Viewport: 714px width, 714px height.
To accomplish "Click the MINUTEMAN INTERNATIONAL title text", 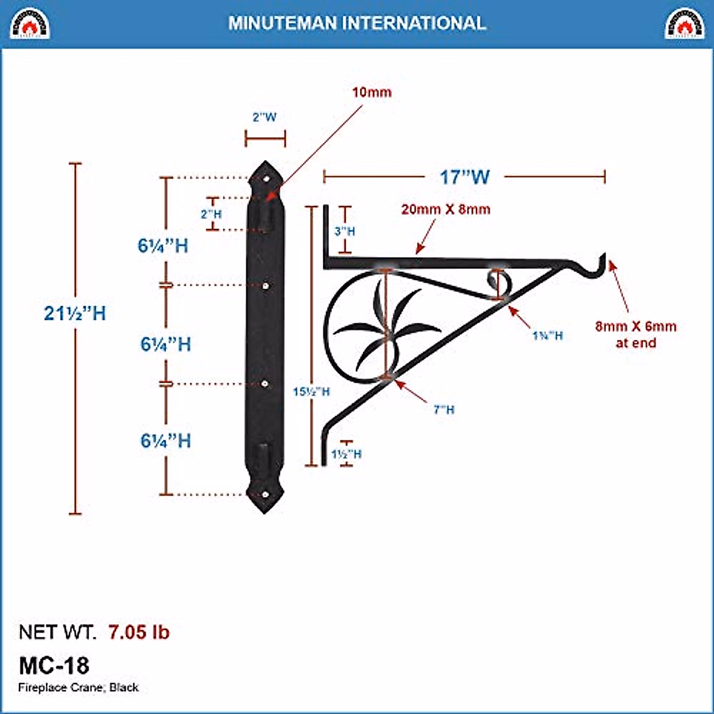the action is (357, 23).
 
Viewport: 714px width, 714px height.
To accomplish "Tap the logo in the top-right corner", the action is (684, 23).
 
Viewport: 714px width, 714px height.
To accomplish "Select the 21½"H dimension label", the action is (75, 313).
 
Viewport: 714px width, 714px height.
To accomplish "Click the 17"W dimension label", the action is (465, 177).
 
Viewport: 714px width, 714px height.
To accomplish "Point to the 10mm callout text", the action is (372, 92).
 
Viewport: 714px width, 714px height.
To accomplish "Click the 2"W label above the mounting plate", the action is (265, 117).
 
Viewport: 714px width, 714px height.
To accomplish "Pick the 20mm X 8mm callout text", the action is (446, 209).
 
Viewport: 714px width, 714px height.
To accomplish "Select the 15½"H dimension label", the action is (311, 392).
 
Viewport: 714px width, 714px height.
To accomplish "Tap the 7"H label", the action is (444, 409).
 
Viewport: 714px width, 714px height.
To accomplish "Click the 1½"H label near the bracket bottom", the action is (346, 454).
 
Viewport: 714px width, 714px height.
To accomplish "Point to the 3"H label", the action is (345, 231).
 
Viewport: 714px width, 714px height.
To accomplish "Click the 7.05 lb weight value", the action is (139, 632).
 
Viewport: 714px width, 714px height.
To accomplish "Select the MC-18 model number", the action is (54, 665).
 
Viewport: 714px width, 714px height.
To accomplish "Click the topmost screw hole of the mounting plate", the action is (266, 177).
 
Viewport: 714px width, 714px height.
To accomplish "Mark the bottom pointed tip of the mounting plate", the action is (265, 511).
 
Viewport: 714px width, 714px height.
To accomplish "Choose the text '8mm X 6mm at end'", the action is (635, 334).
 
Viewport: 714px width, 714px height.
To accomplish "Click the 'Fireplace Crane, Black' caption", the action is (79, 688).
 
